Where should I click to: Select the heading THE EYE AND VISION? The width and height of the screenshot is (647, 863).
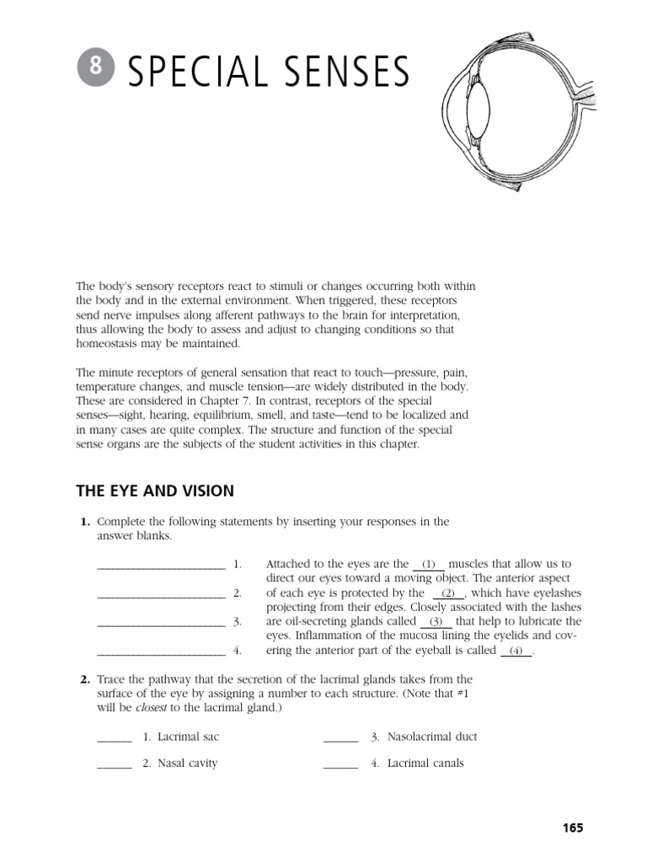click(155, 490)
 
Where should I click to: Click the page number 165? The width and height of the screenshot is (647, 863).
click(572, 828)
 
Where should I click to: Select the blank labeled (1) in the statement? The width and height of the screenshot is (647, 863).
click(430, 564)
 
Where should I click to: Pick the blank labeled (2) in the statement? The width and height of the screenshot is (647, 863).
click(448, 593)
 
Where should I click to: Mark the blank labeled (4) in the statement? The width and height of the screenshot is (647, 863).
click(516, 651)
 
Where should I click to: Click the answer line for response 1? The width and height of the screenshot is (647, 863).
click(161, 565)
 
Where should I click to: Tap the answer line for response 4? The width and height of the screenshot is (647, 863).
click(161, 651)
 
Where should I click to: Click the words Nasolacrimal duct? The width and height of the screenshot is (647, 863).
click(432, 737)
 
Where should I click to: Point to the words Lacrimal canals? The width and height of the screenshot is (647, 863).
click(425, 764)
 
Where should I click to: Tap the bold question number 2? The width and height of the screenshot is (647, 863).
click(85, 679)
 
